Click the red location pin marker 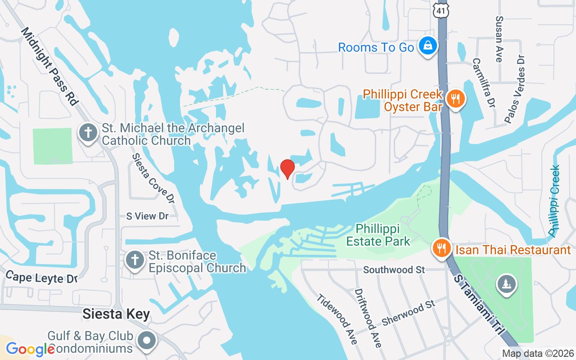click(x=287, y=169)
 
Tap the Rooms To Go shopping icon click(x=427, y=46)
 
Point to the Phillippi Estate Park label click(x=378, y=235)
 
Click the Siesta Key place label click(x=116, y=314)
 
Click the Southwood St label click(x=394, y=270)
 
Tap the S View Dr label click(x=147, y=216)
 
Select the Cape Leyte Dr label click(x=41, y=278)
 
